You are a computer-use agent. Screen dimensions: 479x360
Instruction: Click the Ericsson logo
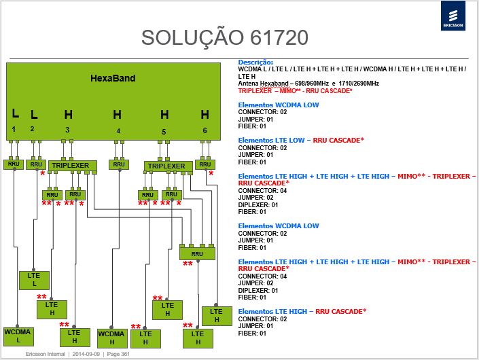click(x=453, y=16)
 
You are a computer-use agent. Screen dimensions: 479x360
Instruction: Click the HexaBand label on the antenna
click(x=113, y=78)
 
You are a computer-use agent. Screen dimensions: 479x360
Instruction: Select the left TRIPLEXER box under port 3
click(x=73, y=166)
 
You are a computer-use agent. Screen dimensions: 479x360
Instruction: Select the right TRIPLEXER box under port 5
click(x=168, y=166)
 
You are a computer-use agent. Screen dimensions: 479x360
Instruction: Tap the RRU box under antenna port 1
click(x=14, y=164)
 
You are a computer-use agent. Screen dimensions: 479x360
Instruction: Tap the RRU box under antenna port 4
click(x=119, y=164)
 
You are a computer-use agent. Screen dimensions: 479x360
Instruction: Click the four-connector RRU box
click(x=197, y=254)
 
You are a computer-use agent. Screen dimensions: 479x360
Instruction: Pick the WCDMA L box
click(x=18, y=336)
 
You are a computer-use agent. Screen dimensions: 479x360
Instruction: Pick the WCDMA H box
click(x=112, y=338)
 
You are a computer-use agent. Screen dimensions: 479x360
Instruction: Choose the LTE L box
click(x=34, y=280)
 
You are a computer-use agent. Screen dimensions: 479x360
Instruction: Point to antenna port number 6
click(x=205, y=130)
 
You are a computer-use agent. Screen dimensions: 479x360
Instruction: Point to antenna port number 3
click(x=67, y=130)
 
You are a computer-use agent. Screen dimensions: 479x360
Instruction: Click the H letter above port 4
click(x=118, y=115)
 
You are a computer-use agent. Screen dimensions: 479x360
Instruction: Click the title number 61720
click(x=279, y=37)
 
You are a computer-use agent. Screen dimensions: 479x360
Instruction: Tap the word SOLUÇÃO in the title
click(x=192, y=37)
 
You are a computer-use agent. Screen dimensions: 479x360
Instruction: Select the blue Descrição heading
click(x=255, y=62)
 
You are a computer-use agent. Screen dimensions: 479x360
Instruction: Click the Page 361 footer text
click(x=118, y=354)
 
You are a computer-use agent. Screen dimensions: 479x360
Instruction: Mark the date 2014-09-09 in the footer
click(x=86, y=354)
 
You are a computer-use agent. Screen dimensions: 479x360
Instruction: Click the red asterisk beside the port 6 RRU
click(x=211, y=173)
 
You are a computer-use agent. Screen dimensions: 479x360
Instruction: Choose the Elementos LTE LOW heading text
click(x=271, y=140)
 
